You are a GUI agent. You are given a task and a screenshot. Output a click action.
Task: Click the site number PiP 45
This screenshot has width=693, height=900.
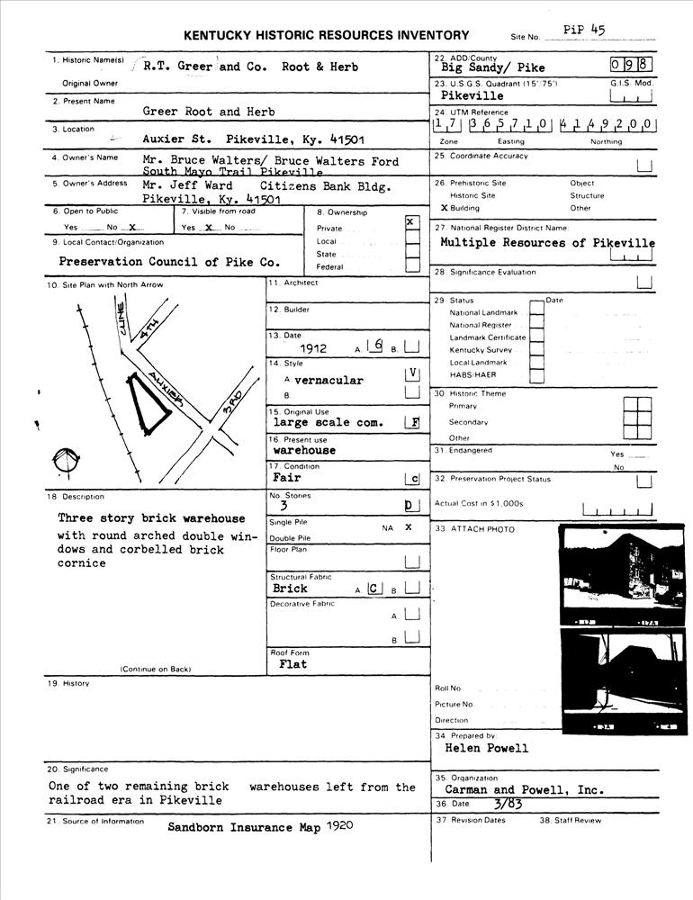point(584,29)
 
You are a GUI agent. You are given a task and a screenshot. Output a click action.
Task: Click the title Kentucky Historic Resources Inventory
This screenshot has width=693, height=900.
point(326,36)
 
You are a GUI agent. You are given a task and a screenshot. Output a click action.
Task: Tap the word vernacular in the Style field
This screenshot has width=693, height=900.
point(328,381)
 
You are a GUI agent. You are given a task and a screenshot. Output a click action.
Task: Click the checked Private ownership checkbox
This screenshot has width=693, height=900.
point(411,222)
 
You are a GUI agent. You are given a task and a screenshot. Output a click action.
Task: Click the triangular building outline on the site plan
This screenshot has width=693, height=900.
point(148,405)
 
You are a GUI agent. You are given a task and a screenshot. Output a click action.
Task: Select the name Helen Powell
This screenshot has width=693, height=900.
point(487,748)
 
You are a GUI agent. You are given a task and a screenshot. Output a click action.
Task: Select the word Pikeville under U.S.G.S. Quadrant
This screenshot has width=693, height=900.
point(472,96)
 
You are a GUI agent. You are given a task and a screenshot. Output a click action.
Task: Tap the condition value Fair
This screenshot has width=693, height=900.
point(286,478)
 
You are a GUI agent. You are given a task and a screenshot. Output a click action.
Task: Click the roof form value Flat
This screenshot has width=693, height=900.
point(288,664)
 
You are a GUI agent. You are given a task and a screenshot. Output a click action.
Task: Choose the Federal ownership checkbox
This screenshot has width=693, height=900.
point(411,265)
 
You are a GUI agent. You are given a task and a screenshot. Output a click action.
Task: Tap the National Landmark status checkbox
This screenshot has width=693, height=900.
point(535,310)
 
